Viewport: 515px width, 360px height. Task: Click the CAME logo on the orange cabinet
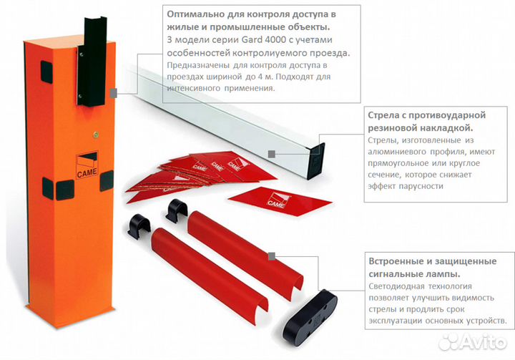point(87,165)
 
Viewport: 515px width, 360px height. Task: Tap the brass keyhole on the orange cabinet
point(96,134)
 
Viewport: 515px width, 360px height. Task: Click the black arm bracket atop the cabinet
point(92,62)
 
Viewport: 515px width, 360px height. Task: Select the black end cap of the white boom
point(316,161)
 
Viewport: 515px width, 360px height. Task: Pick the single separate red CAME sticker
point(280,201)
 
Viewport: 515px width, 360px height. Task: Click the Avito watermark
point(472,341)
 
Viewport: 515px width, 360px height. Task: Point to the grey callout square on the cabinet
point(113,93)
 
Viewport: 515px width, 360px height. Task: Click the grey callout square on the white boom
point(272,154)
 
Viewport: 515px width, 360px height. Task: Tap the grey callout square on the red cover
point(272,256)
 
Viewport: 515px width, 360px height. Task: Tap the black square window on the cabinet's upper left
point(46,72)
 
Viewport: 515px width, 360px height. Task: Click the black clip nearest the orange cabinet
point(139,225)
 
